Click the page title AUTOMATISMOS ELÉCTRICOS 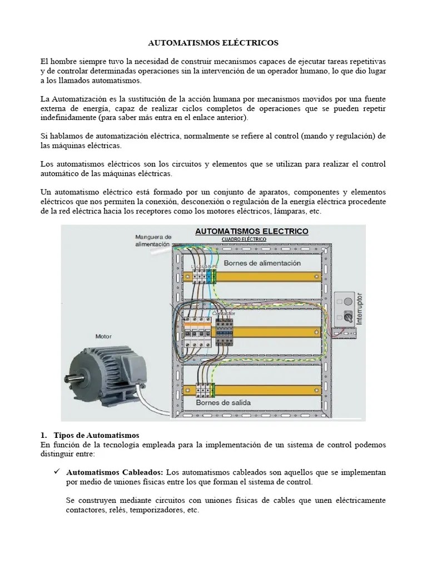point(213,42)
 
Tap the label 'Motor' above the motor point(103,336)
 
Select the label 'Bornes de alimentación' point(262,263)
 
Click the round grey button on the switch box point(347,301)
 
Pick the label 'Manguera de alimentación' point(153,240)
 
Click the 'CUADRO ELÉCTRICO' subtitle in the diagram point(244,239)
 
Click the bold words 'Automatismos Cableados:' point(115,472)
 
